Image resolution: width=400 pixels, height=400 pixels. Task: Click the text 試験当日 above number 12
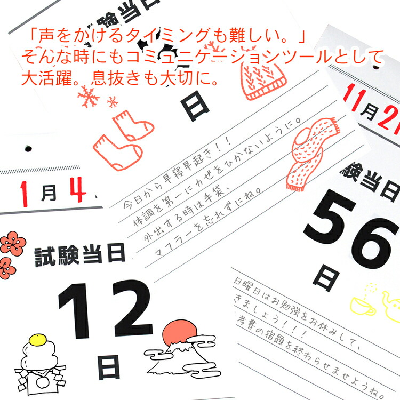pyautogui.click(x=80, y=256)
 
